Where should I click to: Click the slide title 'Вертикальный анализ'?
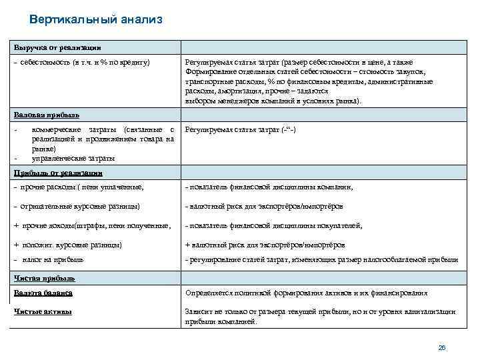click(x=96, y=19)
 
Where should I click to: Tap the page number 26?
click(x=441, y=347)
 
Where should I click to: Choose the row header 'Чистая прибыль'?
click(x=45, y=277)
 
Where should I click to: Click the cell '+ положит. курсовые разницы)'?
click(x=68, y=245)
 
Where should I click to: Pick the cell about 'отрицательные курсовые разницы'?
click(x=77, y=206)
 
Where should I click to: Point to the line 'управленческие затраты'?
click(x=73, y=159)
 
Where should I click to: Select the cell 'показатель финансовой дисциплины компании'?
click(x=268, y=187)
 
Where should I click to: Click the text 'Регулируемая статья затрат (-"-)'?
click(x=239, y=129)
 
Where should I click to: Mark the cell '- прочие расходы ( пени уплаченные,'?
click(x=79, y=187)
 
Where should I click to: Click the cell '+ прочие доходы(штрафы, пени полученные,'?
click(x=93, y=226)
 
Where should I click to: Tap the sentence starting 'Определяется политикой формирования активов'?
click(x=306, y=293)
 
